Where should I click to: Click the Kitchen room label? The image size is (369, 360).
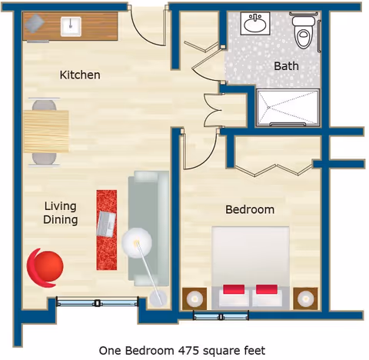click(x=80, y=75)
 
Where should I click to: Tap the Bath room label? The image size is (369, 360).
click(x=286, y=66)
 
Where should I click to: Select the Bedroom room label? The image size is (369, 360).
click(x=249, y=209)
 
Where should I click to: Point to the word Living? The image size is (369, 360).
click(x=60, y=206)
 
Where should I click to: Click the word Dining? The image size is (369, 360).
click(x=60, y=220)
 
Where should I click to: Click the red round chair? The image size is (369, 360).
click(x=45, y=266)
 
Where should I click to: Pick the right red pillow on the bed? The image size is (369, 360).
click(x=267, y=291)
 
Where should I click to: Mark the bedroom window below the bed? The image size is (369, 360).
click(x=216, y=315)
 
